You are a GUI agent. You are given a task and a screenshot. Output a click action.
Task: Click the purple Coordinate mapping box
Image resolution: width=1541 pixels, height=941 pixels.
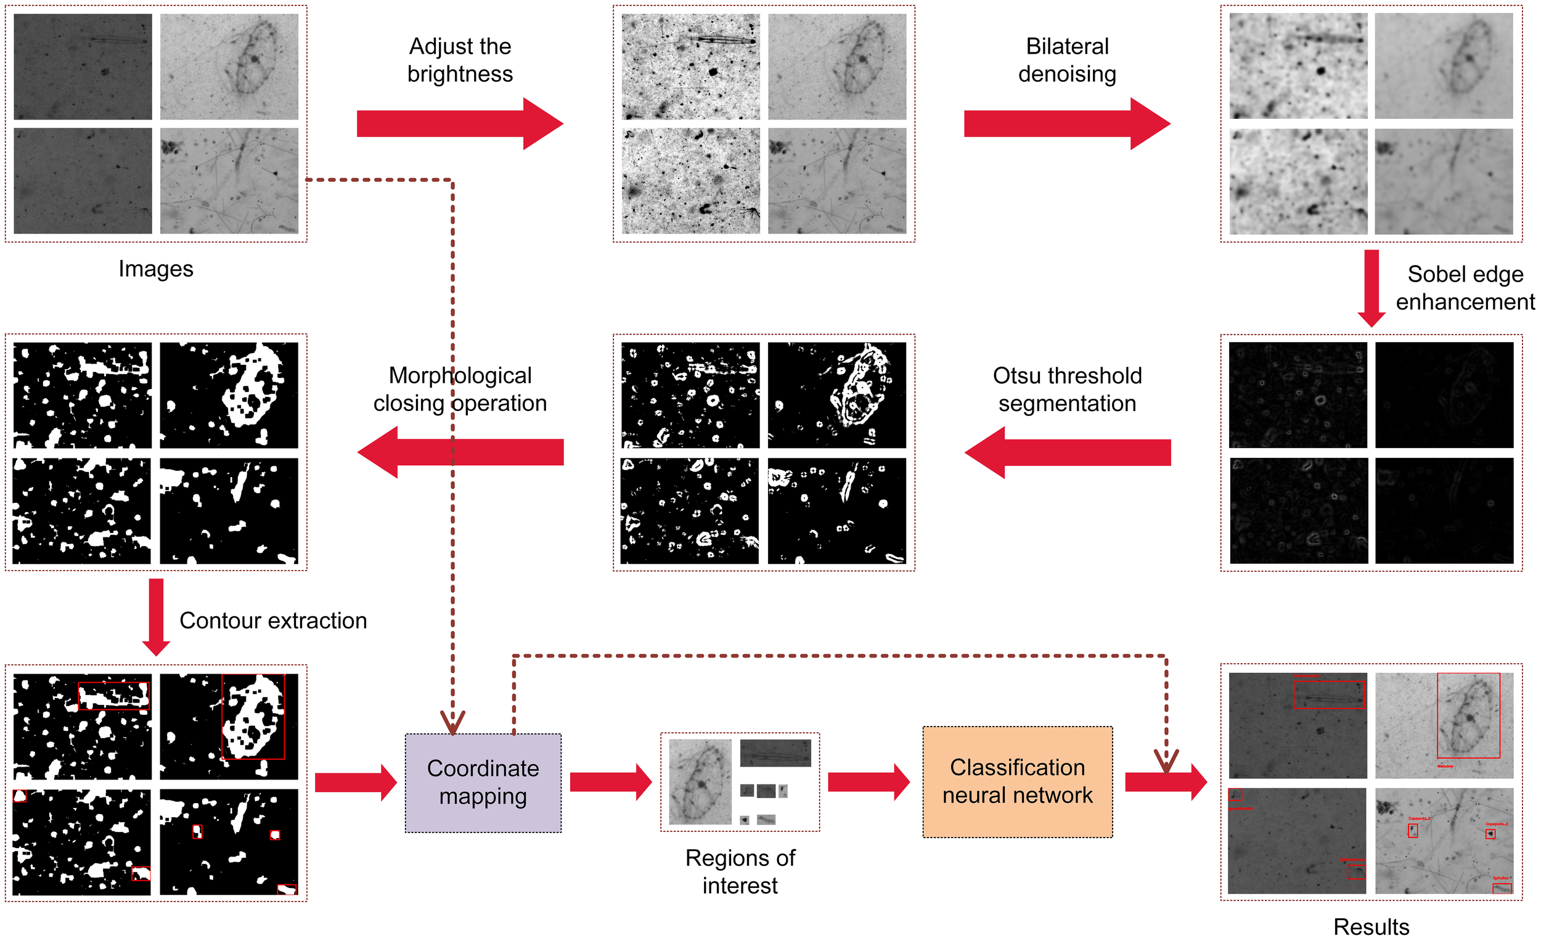coord(483,782)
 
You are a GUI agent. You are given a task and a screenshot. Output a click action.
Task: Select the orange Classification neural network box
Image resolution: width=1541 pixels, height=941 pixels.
coord(1017,781)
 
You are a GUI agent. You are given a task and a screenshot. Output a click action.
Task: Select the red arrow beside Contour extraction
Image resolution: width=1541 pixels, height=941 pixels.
coord(156,616)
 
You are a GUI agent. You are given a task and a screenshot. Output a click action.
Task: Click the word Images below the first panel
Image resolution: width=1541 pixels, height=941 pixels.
coord(156,269)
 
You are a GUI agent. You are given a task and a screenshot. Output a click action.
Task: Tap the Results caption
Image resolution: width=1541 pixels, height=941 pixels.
coord(1371,926)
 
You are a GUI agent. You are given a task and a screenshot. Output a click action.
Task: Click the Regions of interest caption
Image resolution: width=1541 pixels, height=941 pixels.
coord(740,871)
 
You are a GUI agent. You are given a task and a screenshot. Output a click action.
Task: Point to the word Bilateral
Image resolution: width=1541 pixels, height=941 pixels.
coord(1067,46)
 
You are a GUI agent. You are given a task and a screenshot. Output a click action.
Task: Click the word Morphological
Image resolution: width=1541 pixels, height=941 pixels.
coord(460,375)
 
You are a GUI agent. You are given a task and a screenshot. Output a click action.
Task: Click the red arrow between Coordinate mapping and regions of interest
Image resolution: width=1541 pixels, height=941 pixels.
coord(610,781)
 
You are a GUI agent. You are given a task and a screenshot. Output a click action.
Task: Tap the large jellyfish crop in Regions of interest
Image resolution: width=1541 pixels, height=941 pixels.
coord(700,781)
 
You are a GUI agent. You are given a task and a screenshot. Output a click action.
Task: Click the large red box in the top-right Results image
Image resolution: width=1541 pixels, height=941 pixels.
coord(1468,715)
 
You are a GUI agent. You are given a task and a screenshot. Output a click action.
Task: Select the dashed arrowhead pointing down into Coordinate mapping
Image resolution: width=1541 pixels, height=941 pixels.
coord(452,722)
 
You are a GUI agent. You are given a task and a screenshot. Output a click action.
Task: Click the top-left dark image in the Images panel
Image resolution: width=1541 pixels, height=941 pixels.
coord(83,67)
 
